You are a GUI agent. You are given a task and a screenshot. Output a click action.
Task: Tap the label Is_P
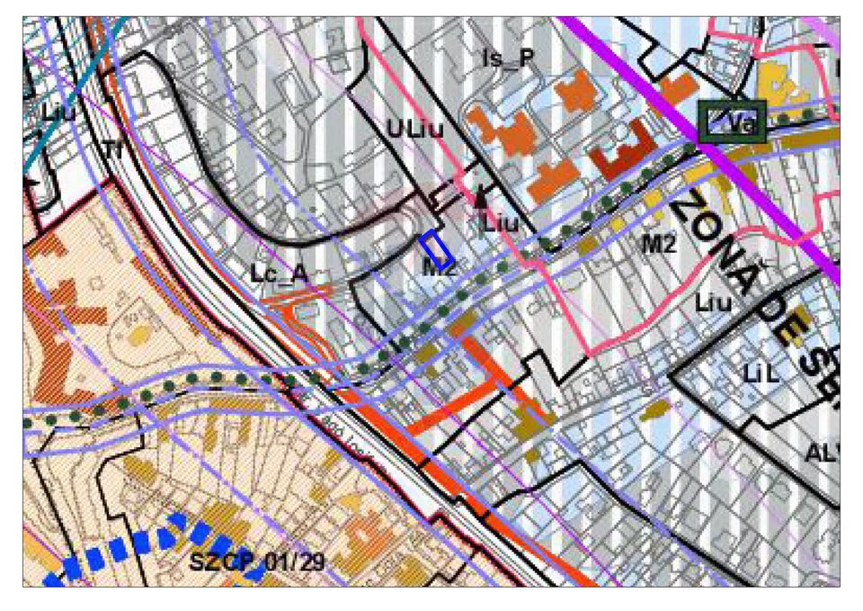click(508, 59)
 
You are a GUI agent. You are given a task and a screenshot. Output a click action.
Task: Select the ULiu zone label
click(415, 130)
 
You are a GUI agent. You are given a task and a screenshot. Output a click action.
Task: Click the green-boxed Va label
click(732, 122)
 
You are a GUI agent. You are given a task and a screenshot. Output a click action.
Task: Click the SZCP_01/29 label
click(256, 563)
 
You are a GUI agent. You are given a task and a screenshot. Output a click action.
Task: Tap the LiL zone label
click(760, 372)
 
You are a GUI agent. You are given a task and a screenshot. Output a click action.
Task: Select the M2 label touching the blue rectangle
click(440, 266)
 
